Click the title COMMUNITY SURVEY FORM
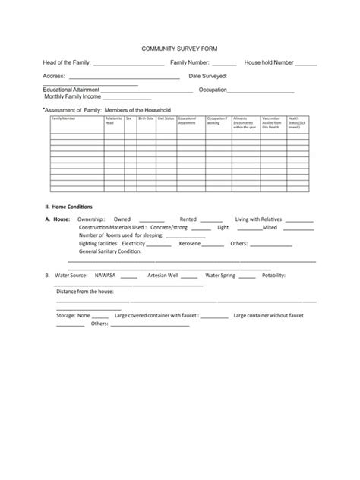tap(179, 47)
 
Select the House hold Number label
tap(268, 62)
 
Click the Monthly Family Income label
tap(72, 97)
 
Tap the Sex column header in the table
tap(129, 118)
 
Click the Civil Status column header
tap(166, 118)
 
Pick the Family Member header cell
tap(64, 118)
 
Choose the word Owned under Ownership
tap(122, 219)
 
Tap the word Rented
tap(188, 219)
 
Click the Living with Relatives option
tap(259, 219)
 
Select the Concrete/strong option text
tap(169, 227)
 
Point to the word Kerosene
tap(190, 244)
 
